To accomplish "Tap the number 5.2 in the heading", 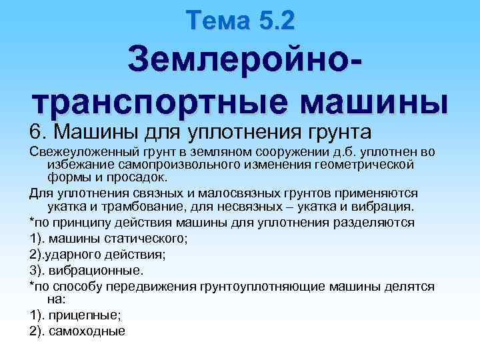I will coord(272,21).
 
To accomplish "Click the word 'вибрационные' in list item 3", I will coord(99,271).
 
